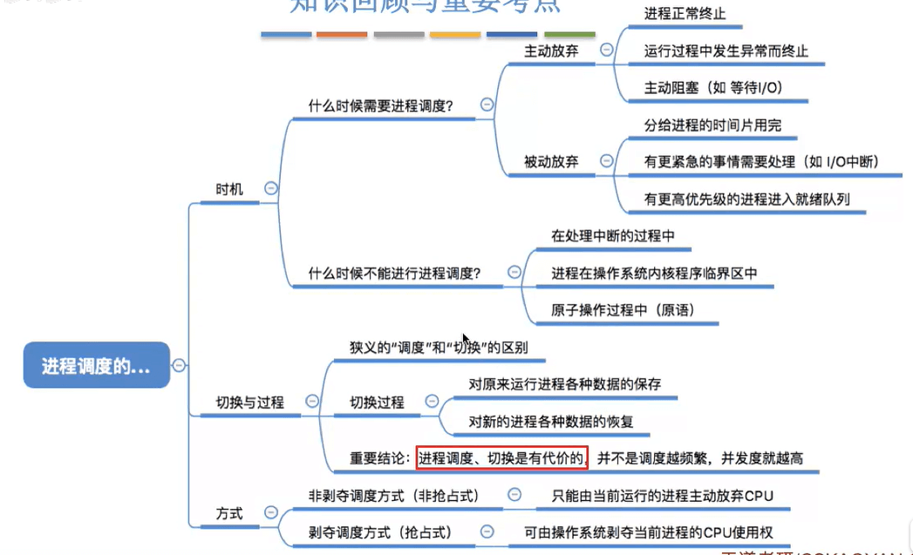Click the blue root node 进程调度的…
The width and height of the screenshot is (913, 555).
tap(96, 366)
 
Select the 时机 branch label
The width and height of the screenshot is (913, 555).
tap(230, 188)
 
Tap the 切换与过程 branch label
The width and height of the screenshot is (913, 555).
tap(249, 403)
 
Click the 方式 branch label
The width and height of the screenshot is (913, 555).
tap(229, 514)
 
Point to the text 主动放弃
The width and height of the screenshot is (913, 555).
tap(551, 51)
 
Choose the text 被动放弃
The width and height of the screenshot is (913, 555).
tap(551, 162)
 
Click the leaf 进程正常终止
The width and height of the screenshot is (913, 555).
tap(685, 14)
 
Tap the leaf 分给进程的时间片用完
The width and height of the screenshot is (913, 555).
tap(712, 125)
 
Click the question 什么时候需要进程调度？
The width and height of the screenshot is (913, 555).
tap(381, 106)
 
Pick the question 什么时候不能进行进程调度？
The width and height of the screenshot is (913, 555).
tap(394, 273)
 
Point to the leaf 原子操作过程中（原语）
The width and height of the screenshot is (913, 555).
tap(623, 310)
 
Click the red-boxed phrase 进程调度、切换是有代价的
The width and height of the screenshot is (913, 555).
tap(501, 457)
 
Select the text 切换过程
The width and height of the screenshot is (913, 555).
tap(377, 403)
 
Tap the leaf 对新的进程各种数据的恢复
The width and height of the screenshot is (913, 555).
tap(551, 422)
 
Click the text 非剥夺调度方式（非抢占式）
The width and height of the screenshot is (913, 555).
tap(393, 496)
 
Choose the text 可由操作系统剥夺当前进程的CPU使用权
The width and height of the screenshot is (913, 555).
tap(649, 531)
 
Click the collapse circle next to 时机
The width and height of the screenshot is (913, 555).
tap(271, 188)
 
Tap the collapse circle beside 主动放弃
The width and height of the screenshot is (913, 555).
tap(607, 51)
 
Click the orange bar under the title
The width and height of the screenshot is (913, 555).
tap(342, 35)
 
